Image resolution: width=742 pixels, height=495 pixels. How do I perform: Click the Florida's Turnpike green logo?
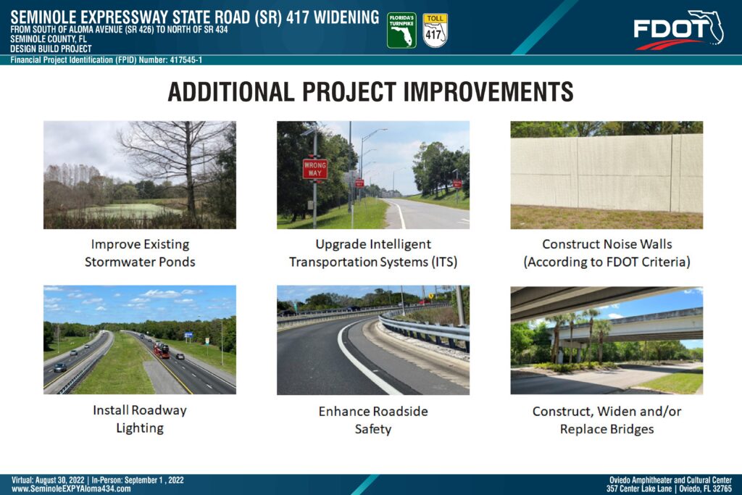[x=401, y=30]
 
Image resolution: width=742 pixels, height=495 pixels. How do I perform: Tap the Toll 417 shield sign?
[x=435, y=30]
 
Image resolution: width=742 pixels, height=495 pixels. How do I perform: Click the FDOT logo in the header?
[x=678, y=30]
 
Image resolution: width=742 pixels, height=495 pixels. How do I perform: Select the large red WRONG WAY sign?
[x=315, y=169]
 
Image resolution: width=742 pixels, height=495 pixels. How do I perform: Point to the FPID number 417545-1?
[x=186, y=60]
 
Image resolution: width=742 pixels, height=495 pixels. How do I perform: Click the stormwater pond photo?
[x=140, y=175]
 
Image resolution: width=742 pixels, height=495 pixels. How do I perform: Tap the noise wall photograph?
[x=606, y=175]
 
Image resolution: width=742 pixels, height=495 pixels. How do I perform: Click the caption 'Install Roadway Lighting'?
[x=140, y=419]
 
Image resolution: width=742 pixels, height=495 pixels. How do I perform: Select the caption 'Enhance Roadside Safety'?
[x=373, y=420]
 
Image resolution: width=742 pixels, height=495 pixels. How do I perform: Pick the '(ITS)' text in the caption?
[x=444, y=262]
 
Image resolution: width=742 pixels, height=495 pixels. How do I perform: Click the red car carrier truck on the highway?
[x=161, y=350]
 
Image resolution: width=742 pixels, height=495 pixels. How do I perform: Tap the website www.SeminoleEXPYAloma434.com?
[x=71, y=489]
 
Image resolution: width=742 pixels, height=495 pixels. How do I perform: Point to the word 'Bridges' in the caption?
[x=632, y=429]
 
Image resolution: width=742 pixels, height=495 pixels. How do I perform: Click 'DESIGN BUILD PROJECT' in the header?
[x=51, y=49]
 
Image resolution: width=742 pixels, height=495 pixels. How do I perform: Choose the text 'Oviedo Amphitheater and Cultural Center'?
[x=670, y=481]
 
